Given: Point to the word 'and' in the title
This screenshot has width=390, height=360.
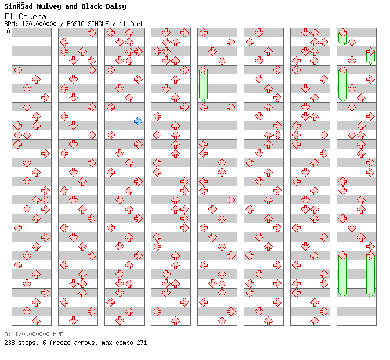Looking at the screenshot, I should click(71, 6).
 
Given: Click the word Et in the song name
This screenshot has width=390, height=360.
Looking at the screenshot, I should click(8, 16).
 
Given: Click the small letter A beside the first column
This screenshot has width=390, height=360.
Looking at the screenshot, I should click(8, 31).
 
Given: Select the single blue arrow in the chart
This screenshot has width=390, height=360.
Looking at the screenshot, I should click(138, 121).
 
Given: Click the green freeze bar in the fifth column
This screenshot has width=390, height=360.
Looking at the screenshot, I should click(203, 85).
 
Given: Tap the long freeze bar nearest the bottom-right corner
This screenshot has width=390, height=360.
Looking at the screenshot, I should click(370, 275).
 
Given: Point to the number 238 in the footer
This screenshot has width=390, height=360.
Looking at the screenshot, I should click(9, 343).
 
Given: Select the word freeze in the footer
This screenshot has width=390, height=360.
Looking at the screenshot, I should click(56, 343).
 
